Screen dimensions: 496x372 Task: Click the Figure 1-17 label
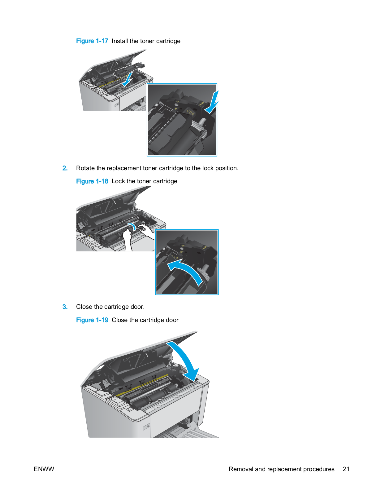coord(92,41)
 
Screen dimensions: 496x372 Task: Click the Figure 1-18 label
coord(92,181)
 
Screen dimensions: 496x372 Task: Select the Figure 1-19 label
coord(92,320)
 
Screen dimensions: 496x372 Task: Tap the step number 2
coord(65,168)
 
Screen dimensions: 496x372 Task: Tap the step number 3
coord(65,307)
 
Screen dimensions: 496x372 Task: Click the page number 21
coord(346,469)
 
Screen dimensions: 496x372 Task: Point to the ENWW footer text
coord(44,469)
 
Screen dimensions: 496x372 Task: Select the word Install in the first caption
coord(119,41)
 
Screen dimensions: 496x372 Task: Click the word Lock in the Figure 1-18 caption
coord(118,181)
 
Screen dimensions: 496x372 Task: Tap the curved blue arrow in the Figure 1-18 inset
coord(186,270)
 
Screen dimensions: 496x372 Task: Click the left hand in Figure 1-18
coord(127,237)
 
